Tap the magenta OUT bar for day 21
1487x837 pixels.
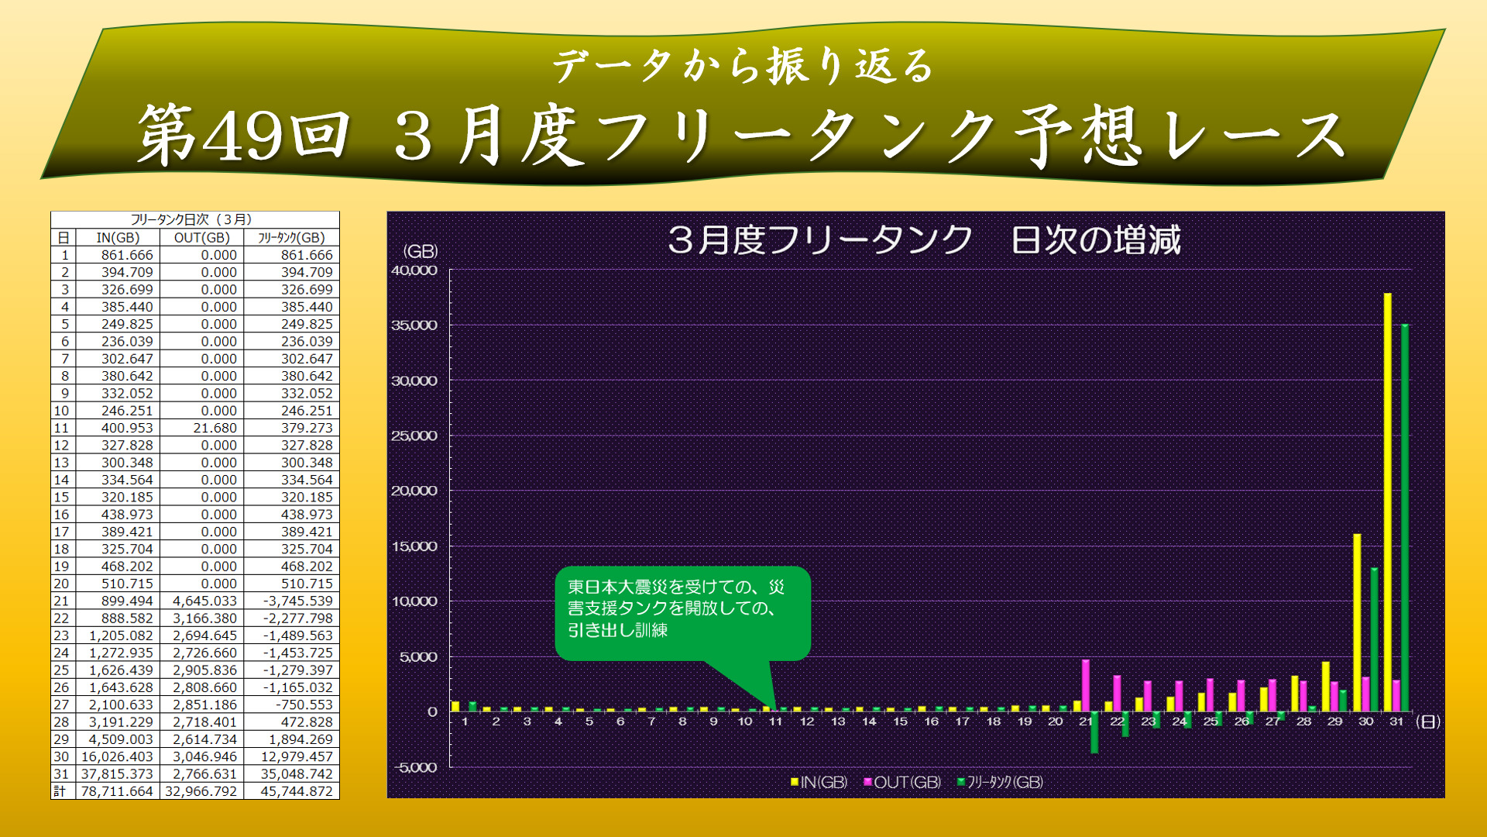coord(1086,686)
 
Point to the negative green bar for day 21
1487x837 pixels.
coord(1094,732)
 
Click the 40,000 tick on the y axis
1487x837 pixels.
coord(414,270)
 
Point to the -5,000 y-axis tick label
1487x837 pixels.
coord(416,767)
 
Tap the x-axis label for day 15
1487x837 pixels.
coord(900,722)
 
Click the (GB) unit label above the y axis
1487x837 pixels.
coord(420,251)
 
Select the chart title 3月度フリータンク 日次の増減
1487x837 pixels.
coord(923,239)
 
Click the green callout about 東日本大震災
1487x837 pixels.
coord(682,613)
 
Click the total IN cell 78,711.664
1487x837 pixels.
coord(118,791)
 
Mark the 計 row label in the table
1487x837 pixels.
coord(60,791)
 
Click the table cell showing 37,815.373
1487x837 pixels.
coord(118,774)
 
